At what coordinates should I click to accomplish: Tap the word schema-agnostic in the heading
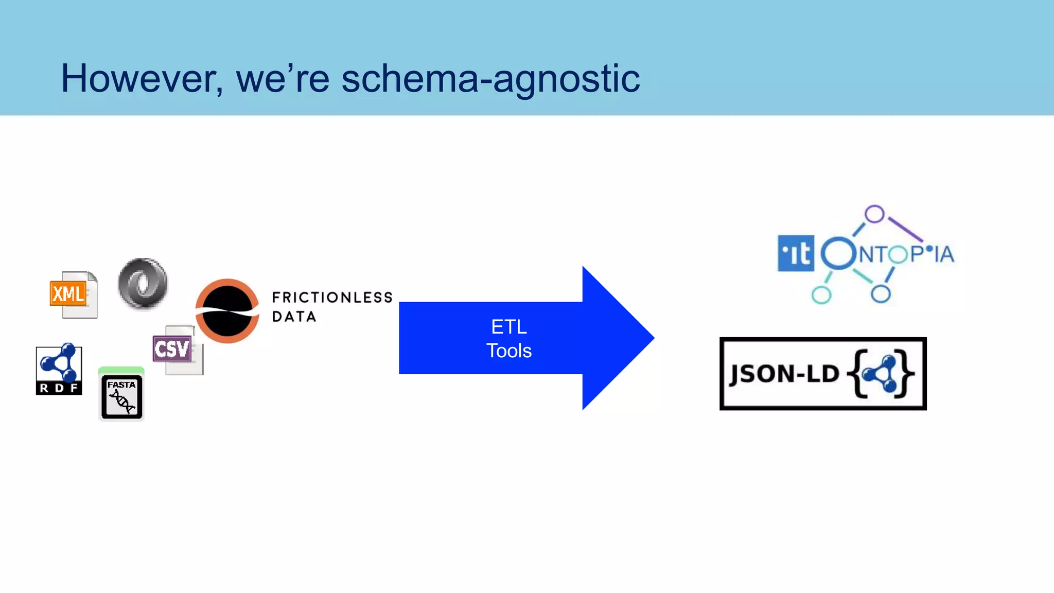(490, 79)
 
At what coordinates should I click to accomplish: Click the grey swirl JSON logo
(143, 284)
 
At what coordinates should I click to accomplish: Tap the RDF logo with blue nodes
(59, 369)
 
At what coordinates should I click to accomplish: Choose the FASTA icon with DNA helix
(121, 395)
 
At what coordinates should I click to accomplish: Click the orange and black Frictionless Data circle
(227, 311)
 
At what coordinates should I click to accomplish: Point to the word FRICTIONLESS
(332, 298)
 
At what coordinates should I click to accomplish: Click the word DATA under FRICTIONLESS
(294, 317)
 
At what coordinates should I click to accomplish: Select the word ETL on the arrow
(508, 327)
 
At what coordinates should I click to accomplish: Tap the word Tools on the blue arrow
(508, 351)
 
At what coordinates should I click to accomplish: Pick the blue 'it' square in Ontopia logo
(796, 253)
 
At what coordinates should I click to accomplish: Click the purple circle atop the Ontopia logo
(874, 214)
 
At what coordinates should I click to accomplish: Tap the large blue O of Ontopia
(838, 253)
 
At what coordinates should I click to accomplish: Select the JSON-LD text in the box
(784, 374)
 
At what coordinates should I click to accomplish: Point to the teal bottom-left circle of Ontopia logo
(821, 295)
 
